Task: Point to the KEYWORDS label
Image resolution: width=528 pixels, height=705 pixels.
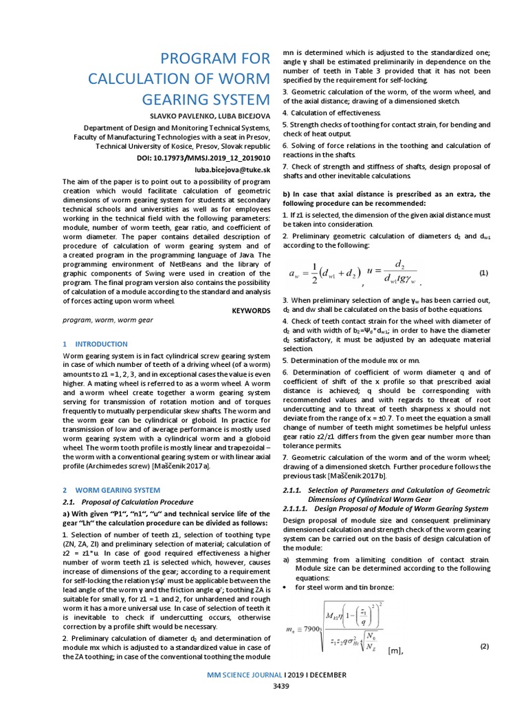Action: pos(251,311)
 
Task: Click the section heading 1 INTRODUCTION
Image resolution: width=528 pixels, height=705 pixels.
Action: pos(95,344)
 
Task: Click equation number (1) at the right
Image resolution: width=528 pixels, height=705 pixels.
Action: pos(483,273)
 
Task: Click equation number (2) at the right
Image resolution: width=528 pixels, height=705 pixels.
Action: pos(483,646)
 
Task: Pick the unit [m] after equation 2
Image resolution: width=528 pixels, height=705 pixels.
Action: pos(396,651)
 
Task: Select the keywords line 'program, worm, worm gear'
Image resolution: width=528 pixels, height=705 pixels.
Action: pos(107,320)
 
